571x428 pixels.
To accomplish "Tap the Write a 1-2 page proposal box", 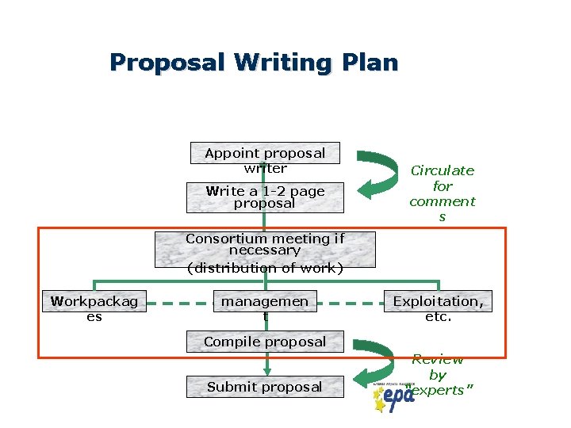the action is point(265,197).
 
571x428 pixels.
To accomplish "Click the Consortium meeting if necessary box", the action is point(265,245).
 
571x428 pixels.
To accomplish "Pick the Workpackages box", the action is point(94,308).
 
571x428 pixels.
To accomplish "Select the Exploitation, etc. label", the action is point(438,308).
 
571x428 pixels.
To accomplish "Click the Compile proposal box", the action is point(265,342).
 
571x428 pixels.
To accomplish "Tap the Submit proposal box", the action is point(265,387).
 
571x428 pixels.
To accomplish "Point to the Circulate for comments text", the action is point(442,193).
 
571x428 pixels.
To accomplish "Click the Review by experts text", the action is point(437,375).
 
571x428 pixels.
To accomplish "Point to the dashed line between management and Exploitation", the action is point(350,303).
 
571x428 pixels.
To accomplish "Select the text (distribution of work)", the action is point(265,268).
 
